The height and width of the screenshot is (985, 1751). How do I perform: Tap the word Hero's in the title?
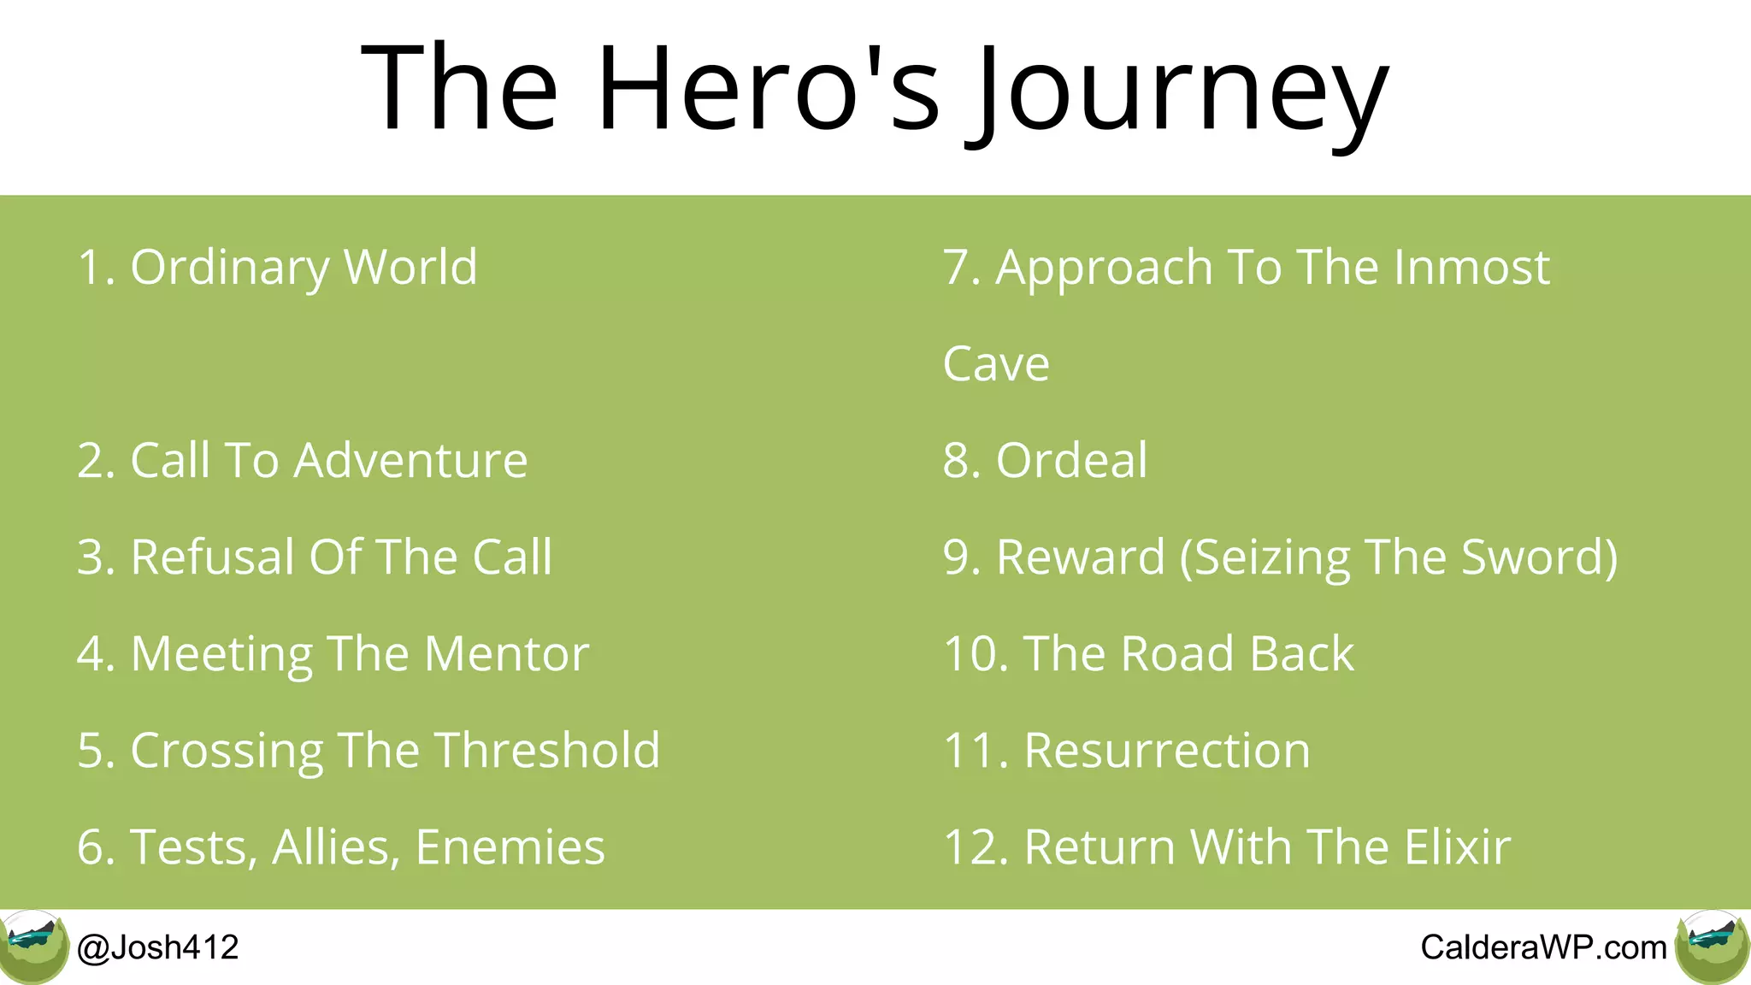769,90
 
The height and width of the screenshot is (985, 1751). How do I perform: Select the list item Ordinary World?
277,268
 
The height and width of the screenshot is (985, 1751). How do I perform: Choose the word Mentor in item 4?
506,654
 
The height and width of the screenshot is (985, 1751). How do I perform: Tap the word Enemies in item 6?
510,847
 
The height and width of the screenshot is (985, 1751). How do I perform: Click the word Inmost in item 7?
1471,268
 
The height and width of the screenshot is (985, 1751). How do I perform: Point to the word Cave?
996,364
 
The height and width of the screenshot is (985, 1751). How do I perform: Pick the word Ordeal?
1071,461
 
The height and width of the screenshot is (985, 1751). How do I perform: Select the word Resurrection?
1166,751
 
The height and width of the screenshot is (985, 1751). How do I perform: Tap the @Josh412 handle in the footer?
158,947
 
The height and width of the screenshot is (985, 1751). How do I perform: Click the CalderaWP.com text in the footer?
1543,947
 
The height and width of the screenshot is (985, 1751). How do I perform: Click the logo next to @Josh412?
34,947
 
